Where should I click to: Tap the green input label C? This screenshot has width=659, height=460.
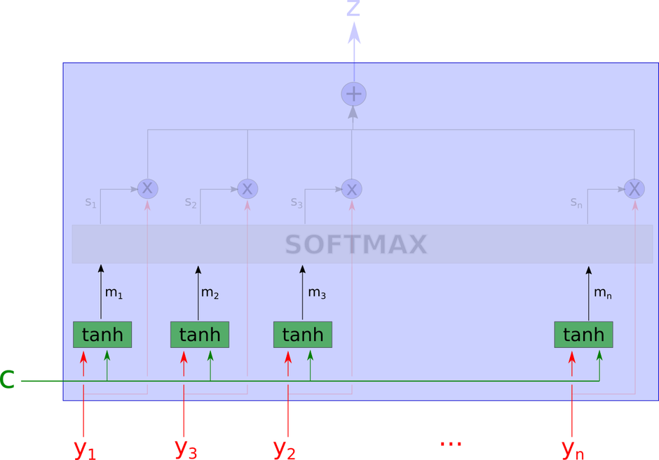tap(8, 379)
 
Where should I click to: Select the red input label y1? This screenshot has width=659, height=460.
tap(85, 448)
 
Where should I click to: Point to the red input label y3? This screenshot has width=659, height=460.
tap(186, 448)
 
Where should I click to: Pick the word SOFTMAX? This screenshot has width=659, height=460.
tap(356, 244)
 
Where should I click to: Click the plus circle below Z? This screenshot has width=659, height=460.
tap(353, 94)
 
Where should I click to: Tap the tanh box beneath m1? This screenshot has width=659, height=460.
tap(102, 335)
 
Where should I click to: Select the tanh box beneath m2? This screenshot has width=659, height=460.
tap(200, 335)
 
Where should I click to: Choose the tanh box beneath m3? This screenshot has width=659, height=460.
tap(302, 335)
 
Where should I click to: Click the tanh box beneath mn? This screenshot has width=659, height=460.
tap(583, 335)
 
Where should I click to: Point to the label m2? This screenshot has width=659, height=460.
tap(210, 293)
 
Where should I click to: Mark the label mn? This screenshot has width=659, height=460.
tap(603, 293)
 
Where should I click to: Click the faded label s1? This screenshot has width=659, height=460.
tap(90, 202)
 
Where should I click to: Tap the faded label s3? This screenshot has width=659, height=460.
tap(297, 203)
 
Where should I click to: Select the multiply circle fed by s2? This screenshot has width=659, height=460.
tap(247, 188)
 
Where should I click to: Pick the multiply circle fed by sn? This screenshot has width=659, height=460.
tap(634, 188)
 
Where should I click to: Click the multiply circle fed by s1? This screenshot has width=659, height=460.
tap(147, 188)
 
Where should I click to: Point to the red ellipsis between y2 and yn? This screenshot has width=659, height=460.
tap(449, 444)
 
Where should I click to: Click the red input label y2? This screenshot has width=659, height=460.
tap(285, 448)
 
